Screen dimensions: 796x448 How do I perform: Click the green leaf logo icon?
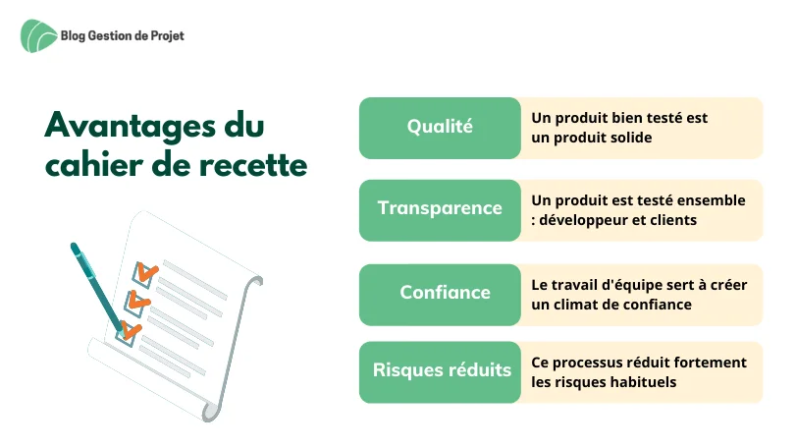coord(39,36)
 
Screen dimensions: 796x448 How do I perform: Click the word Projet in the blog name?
coord(168,36)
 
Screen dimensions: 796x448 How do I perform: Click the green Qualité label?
coord(440,128)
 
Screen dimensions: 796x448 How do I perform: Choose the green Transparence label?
coord(440,210)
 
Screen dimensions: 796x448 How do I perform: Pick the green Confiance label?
coord(440,295)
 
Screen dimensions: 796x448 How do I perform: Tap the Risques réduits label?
coord(440,372)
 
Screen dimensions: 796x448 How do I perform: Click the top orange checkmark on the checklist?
coord(146,273)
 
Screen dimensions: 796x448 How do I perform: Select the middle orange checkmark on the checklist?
coord(138,301)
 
